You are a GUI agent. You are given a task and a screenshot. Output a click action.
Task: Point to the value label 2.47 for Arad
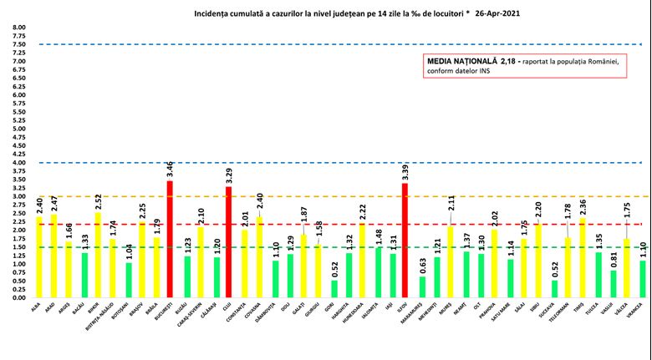click(x=54, y=200)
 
